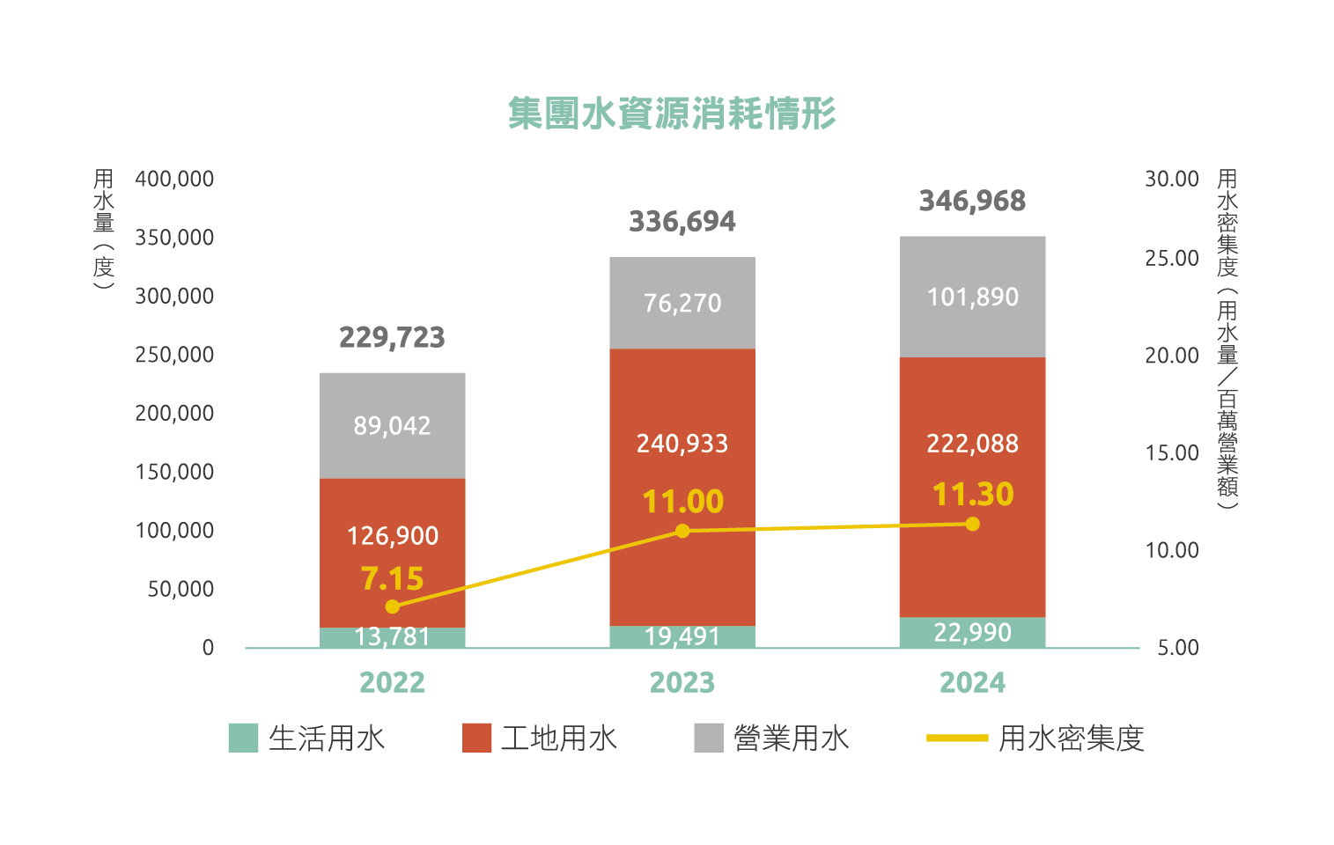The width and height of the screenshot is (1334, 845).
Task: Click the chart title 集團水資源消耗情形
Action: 672,114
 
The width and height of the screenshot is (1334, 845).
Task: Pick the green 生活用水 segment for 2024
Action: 972,632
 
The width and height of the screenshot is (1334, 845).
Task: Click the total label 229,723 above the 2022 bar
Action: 393,337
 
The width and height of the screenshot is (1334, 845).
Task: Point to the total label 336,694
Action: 682,221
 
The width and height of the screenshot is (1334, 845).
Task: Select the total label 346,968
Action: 972,201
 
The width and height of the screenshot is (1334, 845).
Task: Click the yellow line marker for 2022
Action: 393,606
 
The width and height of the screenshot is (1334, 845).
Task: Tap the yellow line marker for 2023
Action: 682,531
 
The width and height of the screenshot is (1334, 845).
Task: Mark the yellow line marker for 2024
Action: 972,524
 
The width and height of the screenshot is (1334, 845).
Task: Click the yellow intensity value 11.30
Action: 973,494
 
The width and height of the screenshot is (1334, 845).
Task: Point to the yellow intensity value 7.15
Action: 393,578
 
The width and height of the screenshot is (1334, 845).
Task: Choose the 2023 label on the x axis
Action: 682,682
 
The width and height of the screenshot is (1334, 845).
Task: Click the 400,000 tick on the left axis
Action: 174,179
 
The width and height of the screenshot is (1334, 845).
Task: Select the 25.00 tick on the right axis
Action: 1171,258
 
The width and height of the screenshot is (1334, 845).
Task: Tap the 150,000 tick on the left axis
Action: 174,472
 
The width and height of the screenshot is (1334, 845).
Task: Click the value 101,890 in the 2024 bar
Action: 972,297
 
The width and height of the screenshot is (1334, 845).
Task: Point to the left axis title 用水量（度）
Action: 104,229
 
